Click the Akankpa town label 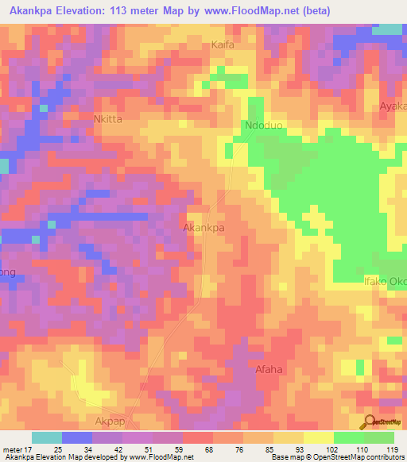(203, 227)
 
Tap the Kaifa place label (223, 45)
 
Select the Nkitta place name (107, 120)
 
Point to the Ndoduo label (263, 125)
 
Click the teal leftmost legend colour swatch (47, 437)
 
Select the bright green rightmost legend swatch (378, 437)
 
